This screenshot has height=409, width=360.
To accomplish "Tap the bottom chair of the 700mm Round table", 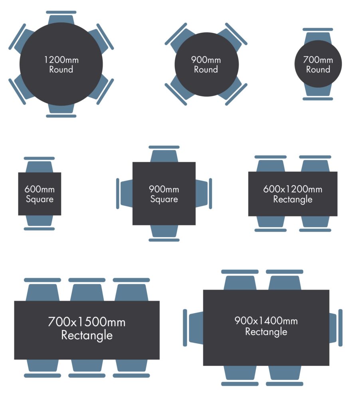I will coord(318,92).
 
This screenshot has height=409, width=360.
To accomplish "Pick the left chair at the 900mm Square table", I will coord(125,194).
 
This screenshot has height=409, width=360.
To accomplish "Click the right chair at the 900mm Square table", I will coord(203,194).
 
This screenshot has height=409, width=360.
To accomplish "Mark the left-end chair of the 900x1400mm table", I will coord(195,328).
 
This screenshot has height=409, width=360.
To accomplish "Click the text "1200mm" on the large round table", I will coord(61,60).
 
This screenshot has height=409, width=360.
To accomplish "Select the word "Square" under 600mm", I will coord(40,199).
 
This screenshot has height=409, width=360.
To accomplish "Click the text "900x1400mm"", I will coord(266,321).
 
